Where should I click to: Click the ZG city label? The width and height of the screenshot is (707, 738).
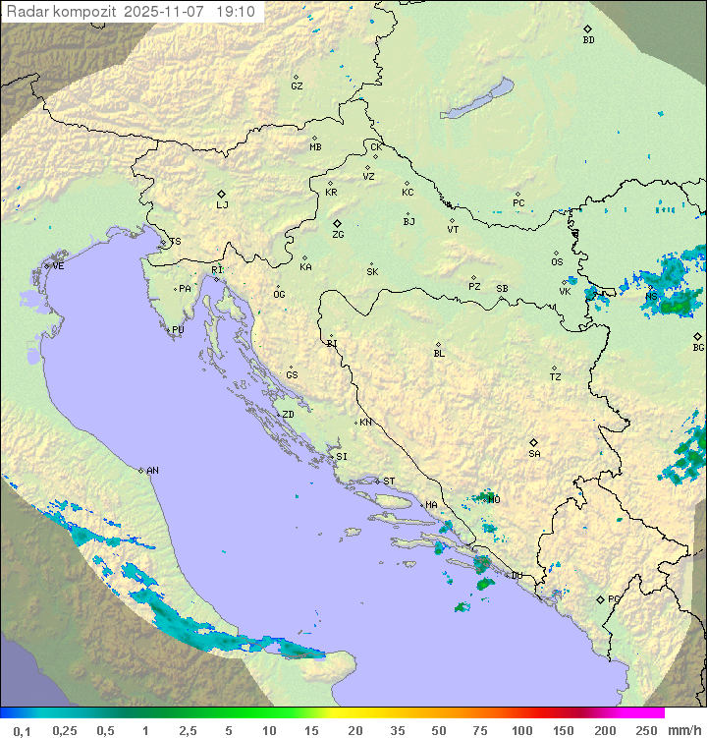coord(338,235)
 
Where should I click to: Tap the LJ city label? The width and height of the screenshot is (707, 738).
coord(222,204)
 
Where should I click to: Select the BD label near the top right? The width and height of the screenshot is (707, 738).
coord(588,40)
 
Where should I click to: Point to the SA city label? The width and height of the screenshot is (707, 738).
coord(534,454)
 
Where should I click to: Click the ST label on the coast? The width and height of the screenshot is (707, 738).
coord(389,482)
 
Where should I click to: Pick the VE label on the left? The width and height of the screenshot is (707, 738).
coord(58,266)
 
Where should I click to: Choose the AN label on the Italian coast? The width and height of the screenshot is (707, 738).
coord(152,471)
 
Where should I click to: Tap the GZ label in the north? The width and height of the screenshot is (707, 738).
coord(297,86)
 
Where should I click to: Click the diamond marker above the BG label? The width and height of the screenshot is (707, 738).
coord(697,336)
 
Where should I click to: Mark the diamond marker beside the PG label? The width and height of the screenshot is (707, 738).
coord(600,598)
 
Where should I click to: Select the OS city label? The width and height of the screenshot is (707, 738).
coord(557,262)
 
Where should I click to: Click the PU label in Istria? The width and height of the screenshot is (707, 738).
coord(178,330)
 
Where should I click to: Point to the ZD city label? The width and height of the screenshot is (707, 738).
coord(288,415)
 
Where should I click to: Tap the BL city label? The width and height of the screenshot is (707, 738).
coord(439,354)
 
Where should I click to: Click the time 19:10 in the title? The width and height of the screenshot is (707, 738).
coord(237,12)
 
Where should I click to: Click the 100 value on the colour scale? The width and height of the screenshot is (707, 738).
coord(521,730)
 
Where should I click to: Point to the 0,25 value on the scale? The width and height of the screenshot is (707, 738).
coord(65,730)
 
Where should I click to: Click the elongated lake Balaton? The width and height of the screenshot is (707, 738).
coord(476,99)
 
